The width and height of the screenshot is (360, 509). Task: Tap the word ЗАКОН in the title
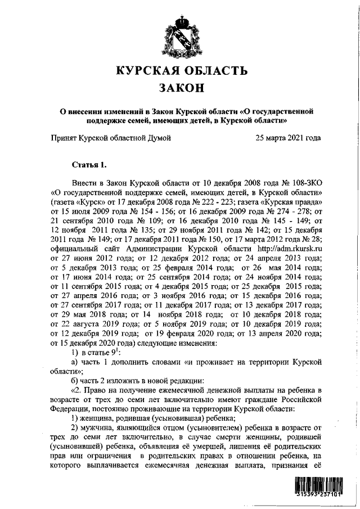(181, 88)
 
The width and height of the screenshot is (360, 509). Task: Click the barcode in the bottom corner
(321, 488)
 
